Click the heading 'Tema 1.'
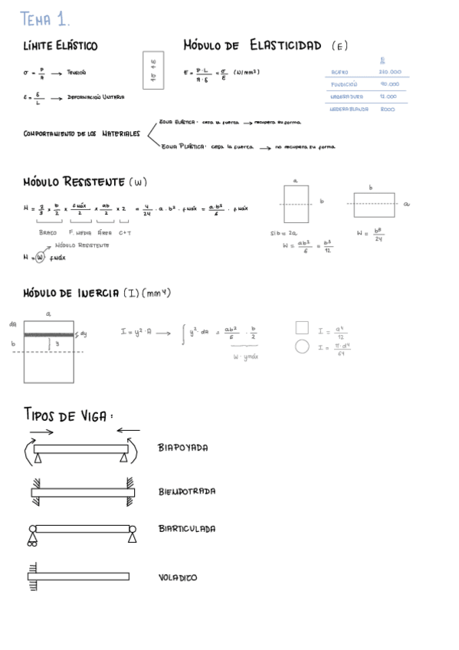tap(45, 18)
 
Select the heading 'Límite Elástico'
tap(61, 47)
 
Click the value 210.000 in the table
tap(389, 72)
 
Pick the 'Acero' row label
tap(339, 72)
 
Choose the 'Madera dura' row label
tap(346, 97)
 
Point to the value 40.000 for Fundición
tap(389, 84)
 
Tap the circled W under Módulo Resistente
tap(40, 258)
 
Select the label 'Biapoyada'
tap(183, 448)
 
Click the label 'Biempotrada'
tap(187, 491)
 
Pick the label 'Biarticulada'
tap(187, 529)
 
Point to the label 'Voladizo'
tap(178, 577)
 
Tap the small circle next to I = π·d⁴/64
tap(302, 347)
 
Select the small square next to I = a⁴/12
tap(302, 328)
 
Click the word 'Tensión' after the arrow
tap(77, 72)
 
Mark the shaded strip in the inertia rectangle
tap(49, 334)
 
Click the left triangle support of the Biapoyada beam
tap(38, 458)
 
